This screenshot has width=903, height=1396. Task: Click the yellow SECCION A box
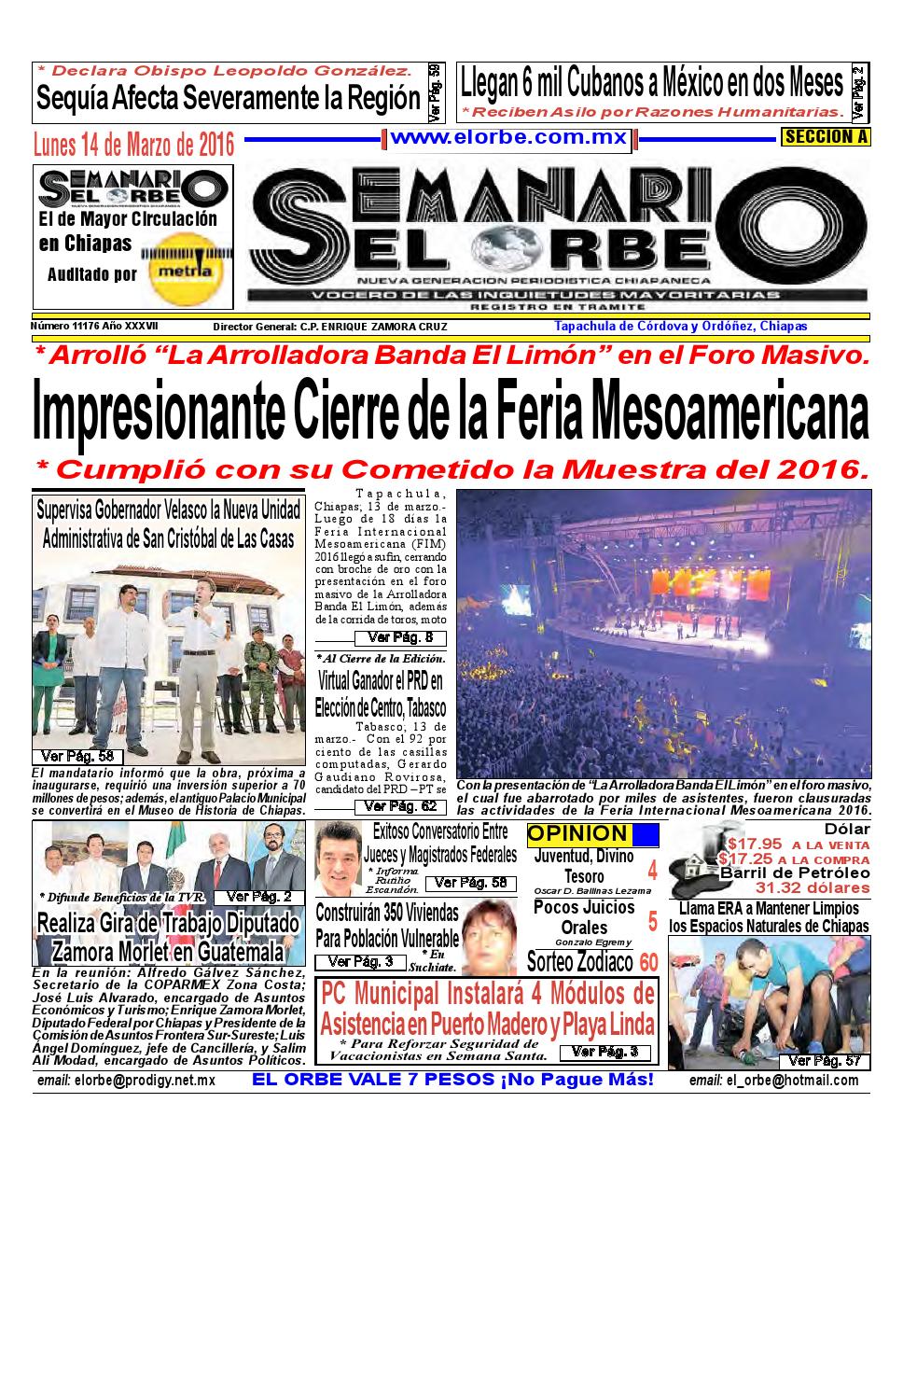(826, 137)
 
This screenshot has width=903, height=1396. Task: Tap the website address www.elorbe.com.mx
(508, 137)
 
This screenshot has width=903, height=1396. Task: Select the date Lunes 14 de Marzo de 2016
(133, 146)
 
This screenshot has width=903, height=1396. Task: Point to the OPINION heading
(577, 834)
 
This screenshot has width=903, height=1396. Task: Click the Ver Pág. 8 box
(400, 638)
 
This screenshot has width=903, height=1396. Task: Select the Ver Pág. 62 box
(400, 806)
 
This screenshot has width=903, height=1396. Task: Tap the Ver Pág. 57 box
(826, 1061)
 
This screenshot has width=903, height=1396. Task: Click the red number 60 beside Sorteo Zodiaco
(649, 961)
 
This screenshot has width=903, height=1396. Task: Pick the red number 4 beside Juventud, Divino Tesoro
(652, 871)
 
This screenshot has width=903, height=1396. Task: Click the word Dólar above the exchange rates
(846, 830)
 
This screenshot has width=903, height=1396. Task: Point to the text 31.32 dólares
(812, 886)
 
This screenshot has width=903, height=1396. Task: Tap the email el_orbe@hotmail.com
(773, 1080)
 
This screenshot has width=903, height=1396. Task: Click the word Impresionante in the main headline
(158, 412)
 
